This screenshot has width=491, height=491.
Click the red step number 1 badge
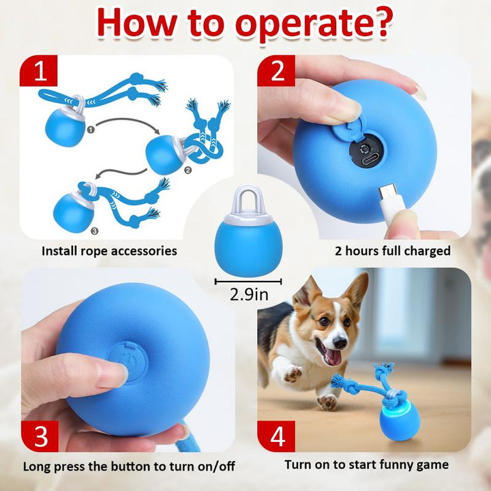(38, 71)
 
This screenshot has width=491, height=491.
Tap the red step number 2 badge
(276, 71)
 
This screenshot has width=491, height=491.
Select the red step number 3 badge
(38, 435)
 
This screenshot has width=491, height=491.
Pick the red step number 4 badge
(276, 435)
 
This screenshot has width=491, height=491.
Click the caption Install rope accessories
(109, 251)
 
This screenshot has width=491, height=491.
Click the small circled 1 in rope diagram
(82, 129)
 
